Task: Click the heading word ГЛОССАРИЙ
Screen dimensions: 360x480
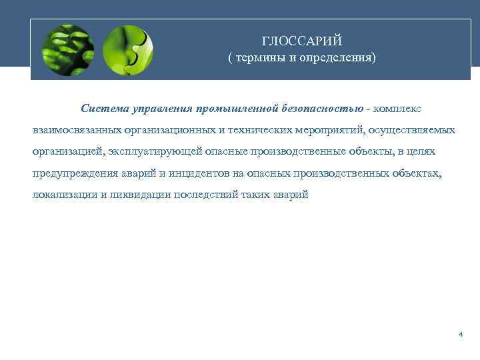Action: [301, 41]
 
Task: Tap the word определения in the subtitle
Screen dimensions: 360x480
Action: [339, 58]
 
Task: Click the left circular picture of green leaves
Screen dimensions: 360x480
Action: [67, 50]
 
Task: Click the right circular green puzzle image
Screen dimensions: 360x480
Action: [129, 50]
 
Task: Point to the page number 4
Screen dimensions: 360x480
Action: [461, 334]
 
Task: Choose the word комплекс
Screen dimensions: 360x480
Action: [397, 108]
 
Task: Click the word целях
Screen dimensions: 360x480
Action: [421, 151]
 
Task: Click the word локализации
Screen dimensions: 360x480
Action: [61, 195]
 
